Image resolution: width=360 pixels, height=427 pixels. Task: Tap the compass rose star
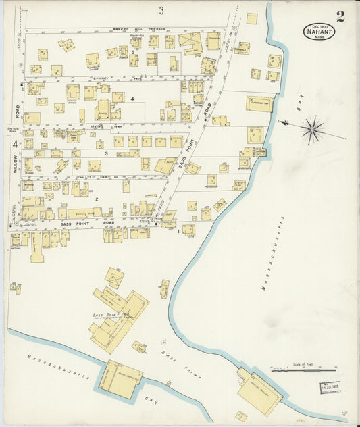[312, 129]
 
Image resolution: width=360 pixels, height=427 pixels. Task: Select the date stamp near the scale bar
[330, 388]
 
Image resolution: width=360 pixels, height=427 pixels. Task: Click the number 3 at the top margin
[161, 10]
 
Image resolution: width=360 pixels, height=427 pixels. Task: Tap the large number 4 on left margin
[14, 144]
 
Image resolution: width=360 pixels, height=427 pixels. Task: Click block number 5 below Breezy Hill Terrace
[134, 52]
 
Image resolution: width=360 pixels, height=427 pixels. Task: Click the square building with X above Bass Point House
[114, 278]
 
